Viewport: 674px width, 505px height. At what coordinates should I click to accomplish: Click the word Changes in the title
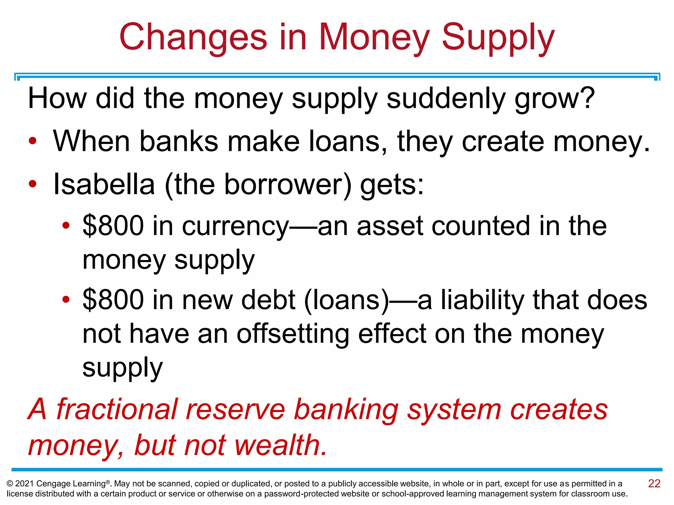193,37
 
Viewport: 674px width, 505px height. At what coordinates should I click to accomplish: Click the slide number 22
654,483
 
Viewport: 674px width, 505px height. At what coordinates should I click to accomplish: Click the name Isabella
104,184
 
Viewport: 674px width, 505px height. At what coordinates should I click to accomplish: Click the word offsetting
293,334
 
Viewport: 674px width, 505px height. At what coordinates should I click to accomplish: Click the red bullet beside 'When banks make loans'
33,141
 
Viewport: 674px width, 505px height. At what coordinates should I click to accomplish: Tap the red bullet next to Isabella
33,184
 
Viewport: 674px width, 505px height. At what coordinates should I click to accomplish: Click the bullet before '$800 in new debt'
66,300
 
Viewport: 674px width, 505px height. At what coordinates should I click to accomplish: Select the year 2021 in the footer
24,484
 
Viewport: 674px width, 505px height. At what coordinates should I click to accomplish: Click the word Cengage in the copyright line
53,484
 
